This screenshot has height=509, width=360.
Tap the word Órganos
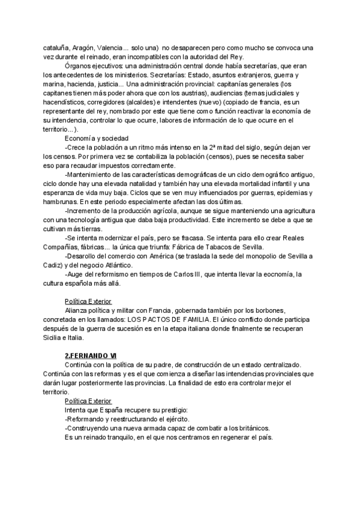coord(77,66)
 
